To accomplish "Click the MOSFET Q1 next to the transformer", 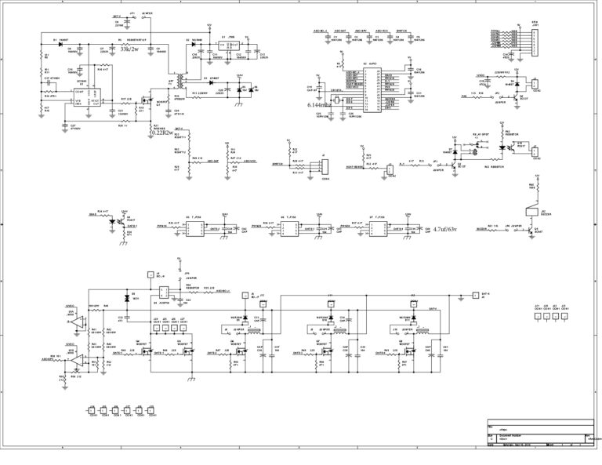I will [147, 102].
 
